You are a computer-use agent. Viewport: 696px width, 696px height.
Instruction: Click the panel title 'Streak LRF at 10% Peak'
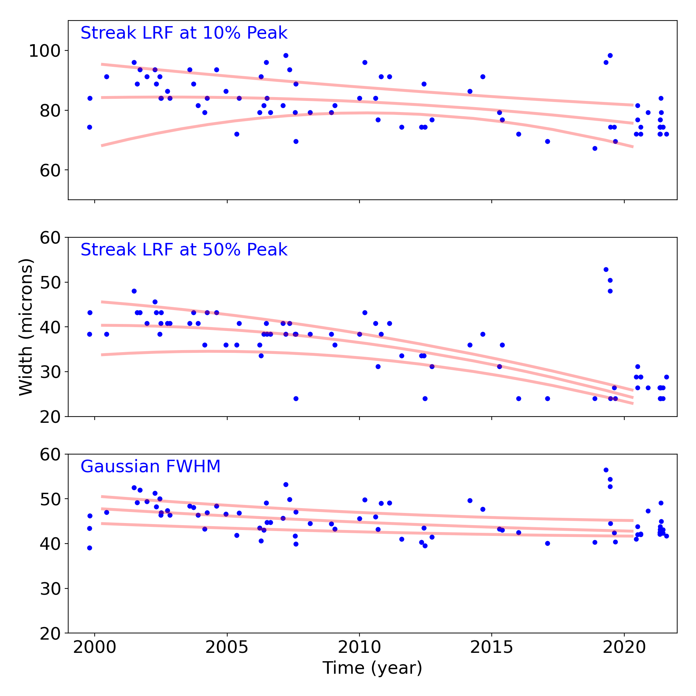pos(184,33)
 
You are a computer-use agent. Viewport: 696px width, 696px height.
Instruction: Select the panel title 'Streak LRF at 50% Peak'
pos(184,250)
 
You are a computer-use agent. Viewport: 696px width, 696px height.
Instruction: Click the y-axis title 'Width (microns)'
pos(26,327)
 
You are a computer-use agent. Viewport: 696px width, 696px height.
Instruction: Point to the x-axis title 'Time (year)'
pos(372,668)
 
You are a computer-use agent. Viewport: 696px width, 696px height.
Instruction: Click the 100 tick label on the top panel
pos(44,51)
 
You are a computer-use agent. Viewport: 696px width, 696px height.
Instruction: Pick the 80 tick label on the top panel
pos(50,111)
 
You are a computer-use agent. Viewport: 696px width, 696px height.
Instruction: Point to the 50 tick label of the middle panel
pos(50,283)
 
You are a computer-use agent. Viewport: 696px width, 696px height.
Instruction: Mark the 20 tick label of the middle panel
pos(50,417)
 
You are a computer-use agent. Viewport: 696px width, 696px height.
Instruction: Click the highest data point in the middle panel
pos(606,269)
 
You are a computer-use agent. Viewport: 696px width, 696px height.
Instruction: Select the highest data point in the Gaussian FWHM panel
pos(606,470)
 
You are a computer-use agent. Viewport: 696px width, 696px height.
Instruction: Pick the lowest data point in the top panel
pos(595,149)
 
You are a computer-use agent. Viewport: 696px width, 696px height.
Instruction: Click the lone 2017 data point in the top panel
pos(547,141)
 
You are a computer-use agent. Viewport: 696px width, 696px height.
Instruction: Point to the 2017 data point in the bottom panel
pos(547,543)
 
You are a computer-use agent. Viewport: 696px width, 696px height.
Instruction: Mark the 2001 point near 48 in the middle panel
pos(134,291)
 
